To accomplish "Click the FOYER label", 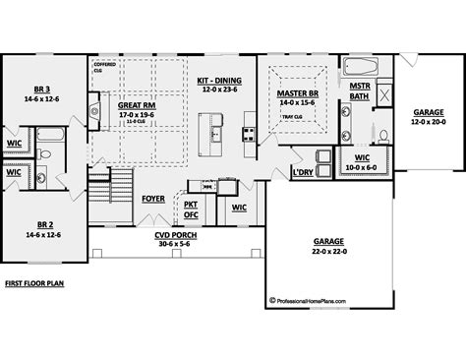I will (x=153, y=197).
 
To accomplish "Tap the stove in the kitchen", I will (x=249, y=131).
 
